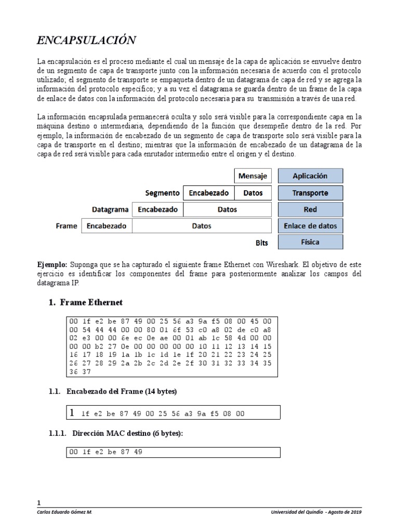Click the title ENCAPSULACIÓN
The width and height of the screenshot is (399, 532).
(x=87, y=40)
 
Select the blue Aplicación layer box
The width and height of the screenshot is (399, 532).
(x=310, y=176)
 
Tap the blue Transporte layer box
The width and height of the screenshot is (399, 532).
(x=310, y=193)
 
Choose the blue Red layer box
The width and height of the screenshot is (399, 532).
(x=310, y=209)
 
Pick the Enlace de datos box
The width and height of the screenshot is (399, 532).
(x=310, y=226)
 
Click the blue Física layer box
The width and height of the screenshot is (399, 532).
(x=310, y=242)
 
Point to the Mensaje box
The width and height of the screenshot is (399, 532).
(x=252, y=176)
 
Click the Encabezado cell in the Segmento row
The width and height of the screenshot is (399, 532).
(x=209, y=193)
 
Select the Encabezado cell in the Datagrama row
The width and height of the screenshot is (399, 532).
(x=158, y=209)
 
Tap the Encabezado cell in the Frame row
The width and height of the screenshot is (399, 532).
(x=107, y=226)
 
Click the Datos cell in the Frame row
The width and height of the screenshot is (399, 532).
(x=202, y=226)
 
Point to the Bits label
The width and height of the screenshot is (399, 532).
(x=262, y=243)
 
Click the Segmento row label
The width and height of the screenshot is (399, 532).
(x=163, y=193)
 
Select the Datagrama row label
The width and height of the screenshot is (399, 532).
(x=110, y=209)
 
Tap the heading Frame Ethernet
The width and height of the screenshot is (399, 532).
(x=91, y=302)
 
